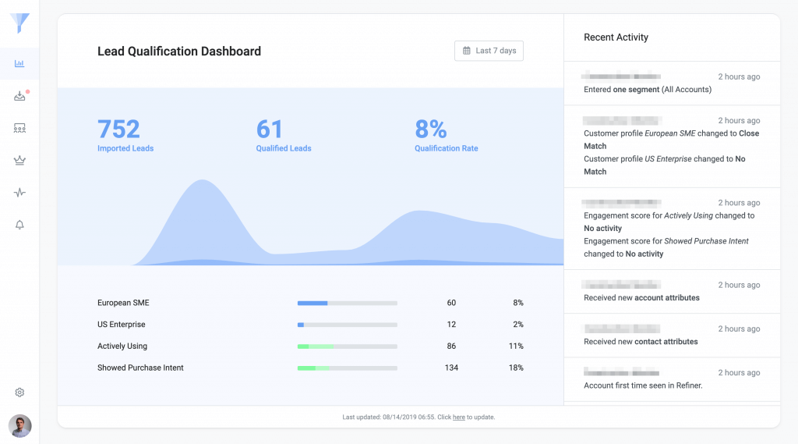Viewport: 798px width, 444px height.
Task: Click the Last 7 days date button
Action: click(x=489, y=51)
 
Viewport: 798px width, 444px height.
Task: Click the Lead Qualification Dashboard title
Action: click(x=179, y=52)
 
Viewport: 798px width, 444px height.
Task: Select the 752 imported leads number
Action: click(x=118, y=129)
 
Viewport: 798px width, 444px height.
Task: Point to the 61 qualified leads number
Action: click(x=270, y=129)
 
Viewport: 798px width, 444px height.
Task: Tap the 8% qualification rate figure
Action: click(x=431, y=129)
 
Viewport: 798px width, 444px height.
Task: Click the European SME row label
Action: click(x=123, y=303)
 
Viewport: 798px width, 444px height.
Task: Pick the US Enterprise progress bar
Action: click(x=347, y=325)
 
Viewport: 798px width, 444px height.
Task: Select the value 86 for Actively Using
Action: click(x=451, y=346)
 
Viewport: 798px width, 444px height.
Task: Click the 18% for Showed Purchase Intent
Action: click(x=515, y=368)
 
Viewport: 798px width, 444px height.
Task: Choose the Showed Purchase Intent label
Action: click(x=140, y=368)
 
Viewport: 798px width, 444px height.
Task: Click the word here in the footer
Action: click(x=459, y=417)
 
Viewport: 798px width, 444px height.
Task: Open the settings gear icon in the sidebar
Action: click(x=20, y=392)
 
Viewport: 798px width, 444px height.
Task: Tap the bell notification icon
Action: click(x=20, y=225)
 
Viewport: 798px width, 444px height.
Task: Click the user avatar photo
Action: click(x=20, y=425)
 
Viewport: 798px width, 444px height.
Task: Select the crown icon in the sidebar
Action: click(x=20, y=161)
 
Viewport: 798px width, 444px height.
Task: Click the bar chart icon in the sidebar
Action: click(x=20, y=63)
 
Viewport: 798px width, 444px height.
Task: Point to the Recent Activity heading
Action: click(x=616, y=37)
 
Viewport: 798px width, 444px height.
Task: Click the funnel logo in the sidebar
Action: click(x=20, y=23)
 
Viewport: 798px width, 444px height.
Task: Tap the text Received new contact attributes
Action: click(x=641, y=342)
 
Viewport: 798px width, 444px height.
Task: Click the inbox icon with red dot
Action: click(x=20, y=96)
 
